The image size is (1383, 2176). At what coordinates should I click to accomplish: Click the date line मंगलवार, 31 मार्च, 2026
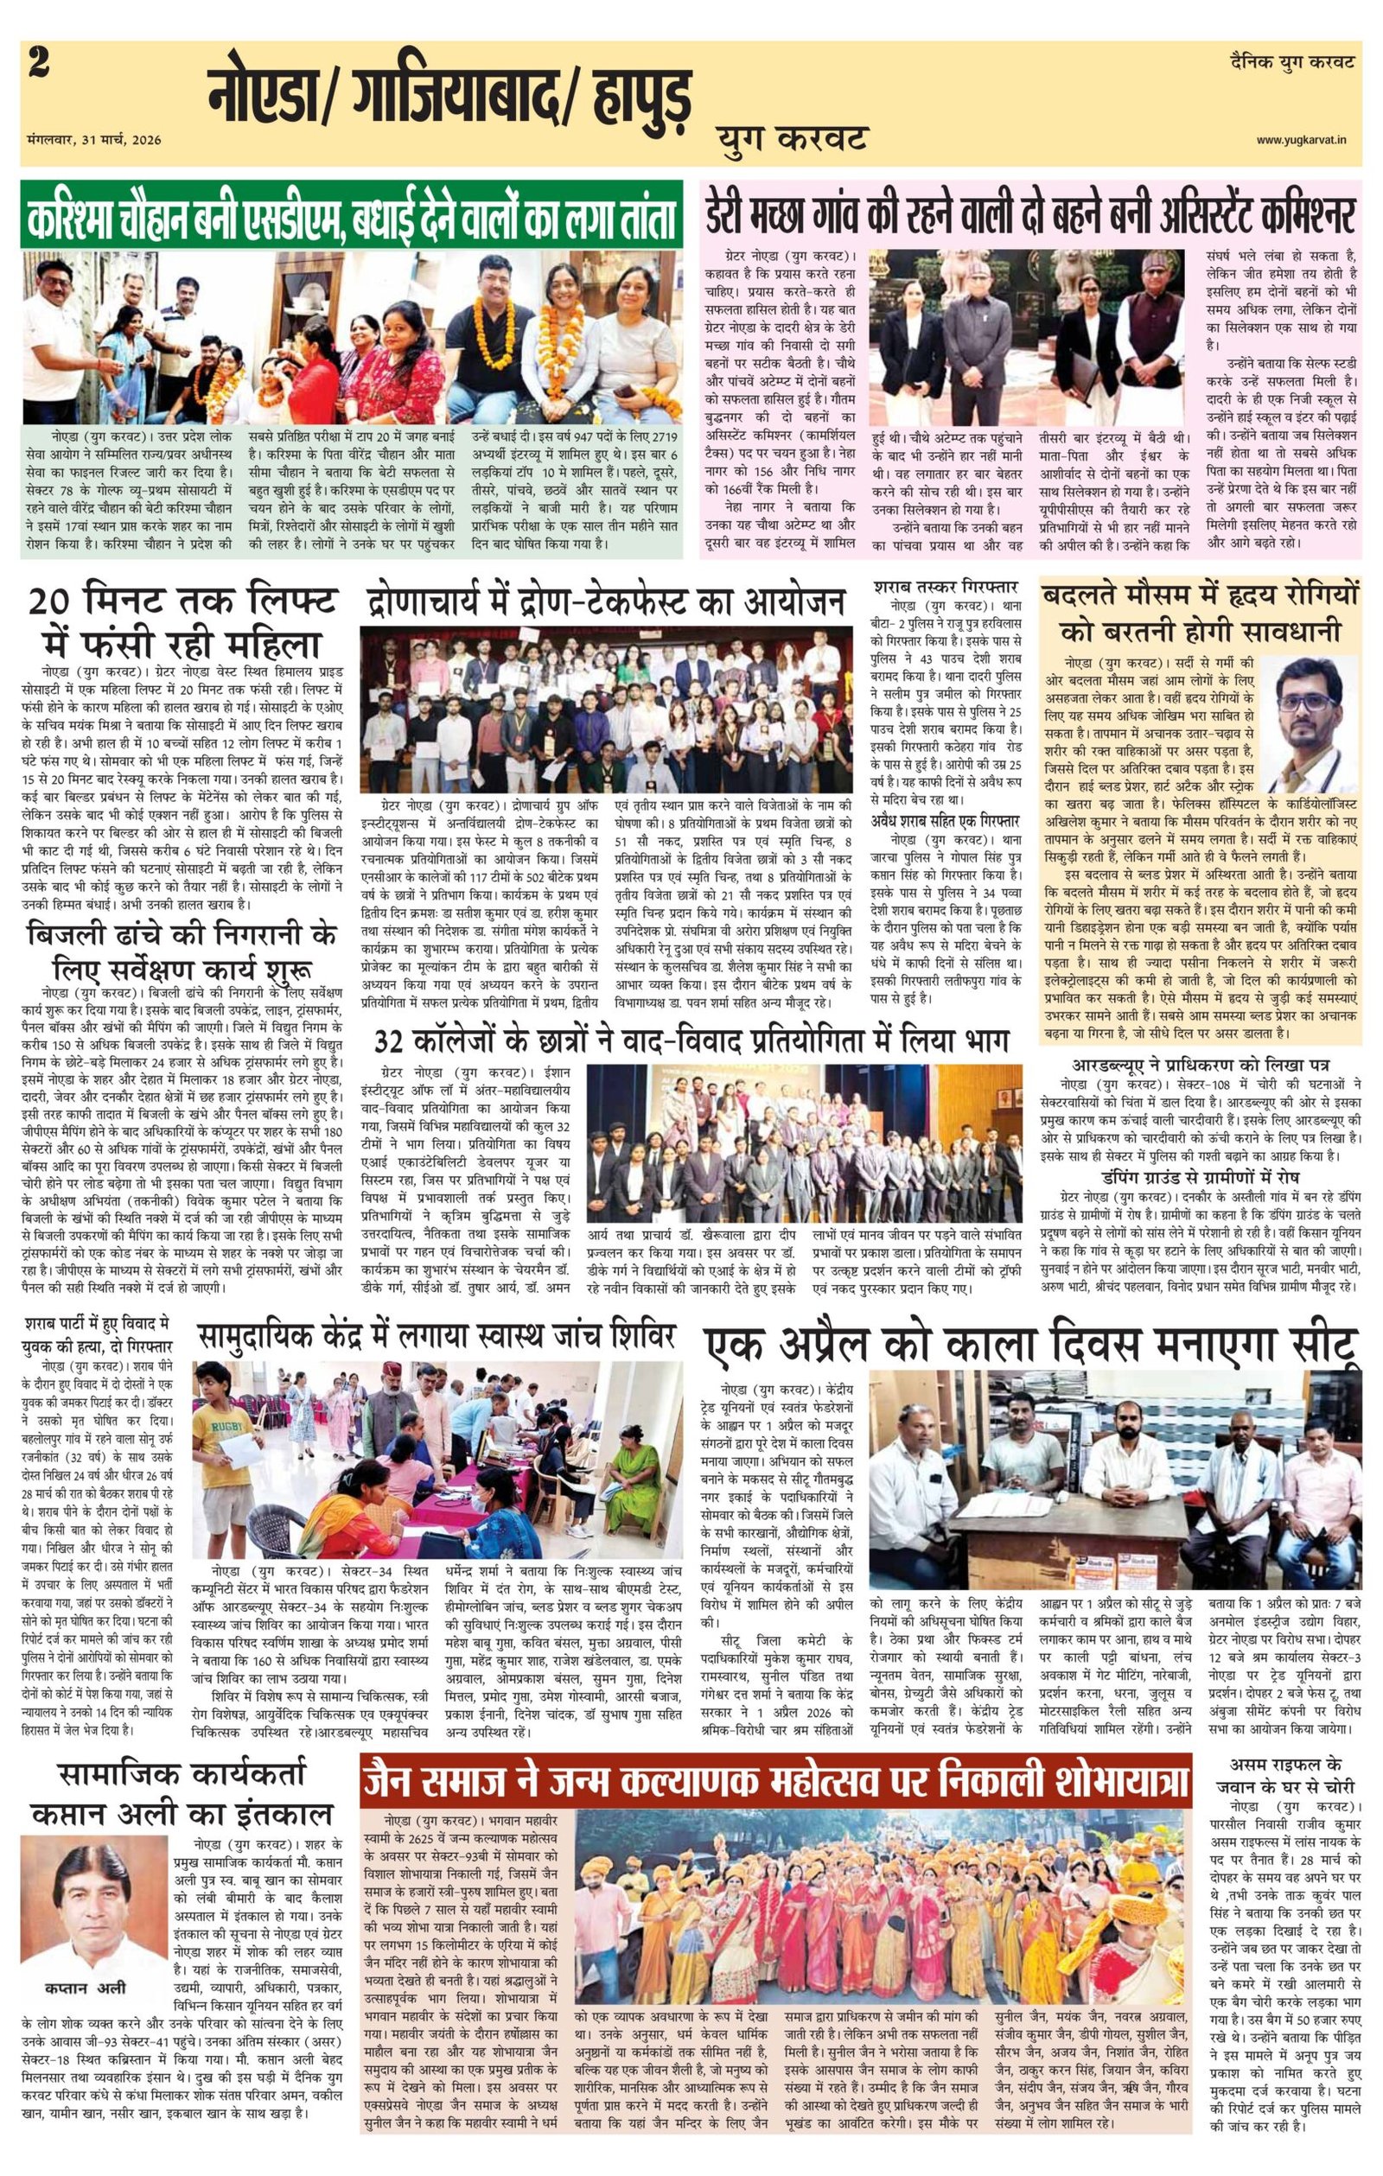(94, 140)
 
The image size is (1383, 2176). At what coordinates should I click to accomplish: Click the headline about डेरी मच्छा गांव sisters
(1029, 216)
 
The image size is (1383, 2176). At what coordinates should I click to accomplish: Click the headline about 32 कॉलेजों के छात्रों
(691, 1042)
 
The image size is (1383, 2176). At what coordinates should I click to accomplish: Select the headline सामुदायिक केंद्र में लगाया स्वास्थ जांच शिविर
(437, 1334)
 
